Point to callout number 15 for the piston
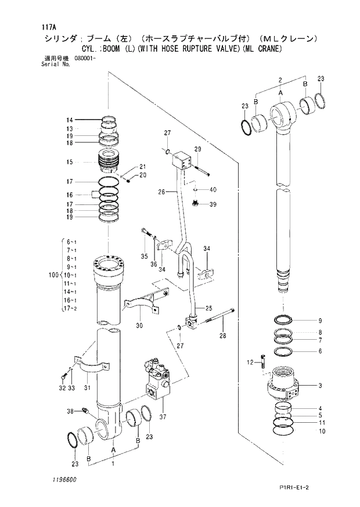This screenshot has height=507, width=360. tap(69, 161)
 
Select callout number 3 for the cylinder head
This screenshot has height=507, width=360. tap(320, 386)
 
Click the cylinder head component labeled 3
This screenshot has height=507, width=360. tap(285, 385)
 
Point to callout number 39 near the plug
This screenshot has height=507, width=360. tap(213, 204)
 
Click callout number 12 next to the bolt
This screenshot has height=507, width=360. tap(250, 362)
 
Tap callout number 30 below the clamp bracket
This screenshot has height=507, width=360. tap(139, 326)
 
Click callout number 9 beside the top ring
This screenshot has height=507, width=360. tap(320, 321)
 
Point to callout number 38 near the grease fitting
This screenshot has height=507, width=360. tap(70, 411)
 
